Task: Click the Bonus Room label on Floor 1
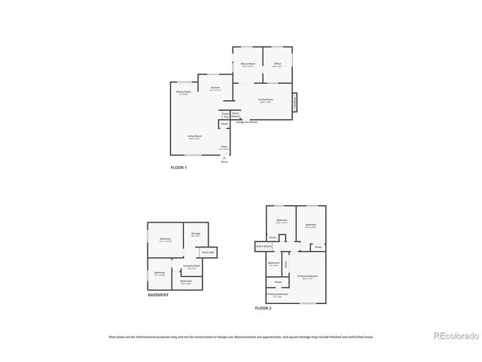point(248,65)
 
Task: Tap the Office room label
point(277,65)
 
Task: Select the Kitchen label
point(215,89)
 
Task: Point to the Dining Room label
point(182,93)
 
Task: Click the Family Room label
point(265,100)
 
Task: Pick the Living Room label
point(195,137)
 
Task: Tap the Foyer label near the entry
point(224,148)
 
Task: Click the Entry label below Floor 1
point(224,161)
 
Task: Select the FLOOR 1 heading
point(178,167)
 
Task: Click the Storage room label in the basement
point(195,234)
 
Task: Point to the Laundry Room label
point(192,266)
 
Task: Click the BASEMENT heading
point(158,295)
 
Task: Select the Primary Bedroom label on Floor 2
point(307,277)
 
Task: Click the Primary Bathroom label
point(278,294)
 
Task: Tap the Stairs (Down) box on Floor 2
point(263,245)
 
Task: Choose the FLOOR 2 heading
point(263,308)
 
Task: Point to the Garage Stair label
point(246,121)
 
